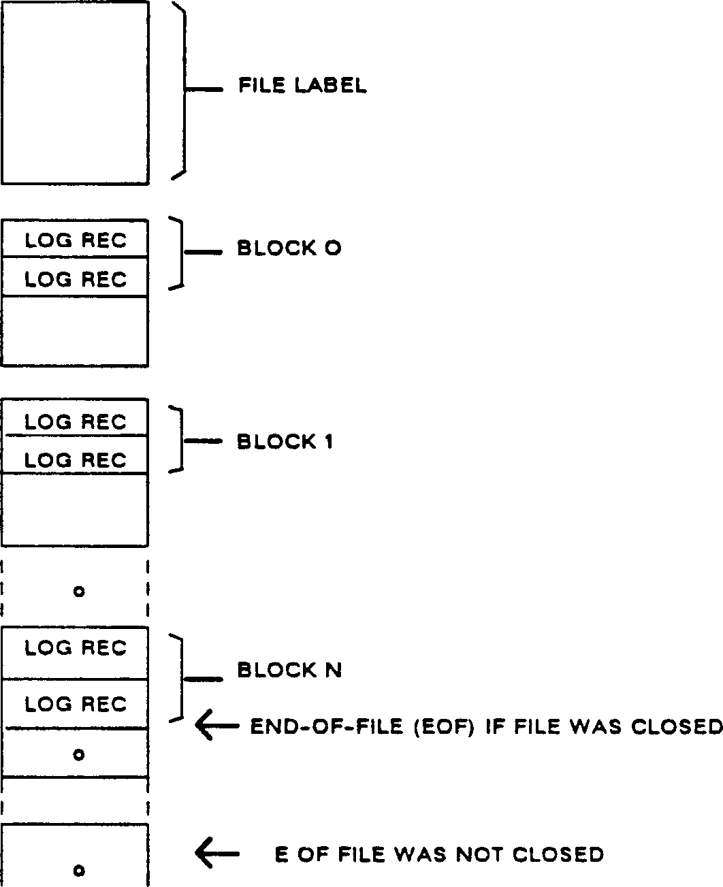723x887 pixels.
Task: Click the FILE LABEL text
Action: [x=302, y=86]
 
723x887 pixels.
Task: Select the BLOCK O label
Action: [x=289, y=248]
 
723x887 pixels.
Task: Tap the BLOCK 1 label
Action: [x=285, y=442]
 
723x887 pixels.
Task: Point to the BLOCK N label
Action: [x=289, y=671]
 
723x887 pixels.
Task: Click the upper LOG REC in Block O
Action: [x=76, y=240]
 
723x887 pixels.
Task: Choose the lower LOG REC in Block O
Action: [x=76, y=279]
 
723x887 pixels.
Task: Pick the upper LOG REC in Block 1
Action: [x=76, y=422]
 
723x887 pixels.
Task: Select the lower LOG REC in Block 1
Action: [x=76, y=459]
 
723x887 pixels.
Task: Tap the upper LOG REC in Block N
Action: [x=76, y=648]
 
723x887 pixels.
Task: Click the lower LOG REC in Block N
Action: [x=76, y=704]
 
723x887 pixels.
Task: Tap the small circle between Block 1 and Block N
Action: [x=78, y=592]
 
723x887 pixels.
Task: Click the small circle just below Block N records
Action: [x=78, y=754]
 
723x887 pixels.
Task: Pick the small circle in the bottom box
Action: [x=78, y=870]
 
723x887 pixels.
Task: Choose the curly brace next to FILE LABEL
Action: [x=182, y=90]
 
